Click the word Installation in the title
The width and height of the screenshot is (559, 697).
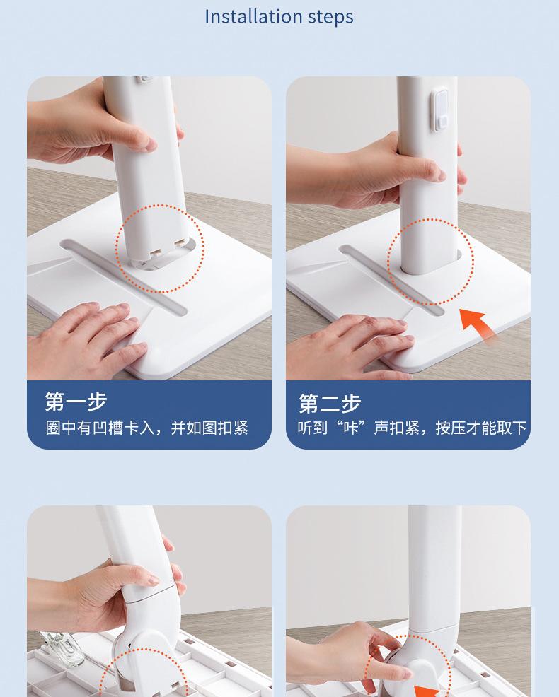point(253,16)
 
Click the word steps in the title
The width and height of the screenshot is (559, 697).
point(330,18)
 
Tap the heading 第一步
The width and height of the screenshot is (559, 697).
point(76,402)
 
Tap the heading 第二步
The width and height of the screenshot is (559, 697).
point(330,403)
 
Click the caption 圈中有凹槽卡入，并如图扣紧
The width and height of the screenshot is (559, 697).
point(147,428)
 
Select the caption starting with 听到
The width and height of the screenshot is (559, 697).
point(412,428)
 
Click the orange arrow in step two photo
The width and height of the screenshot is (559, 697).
point(477,324)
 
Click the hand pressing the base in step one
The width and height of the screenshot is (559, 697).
point(89,338)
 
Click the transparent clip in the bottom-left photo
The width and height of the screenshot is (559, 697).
point(62,648)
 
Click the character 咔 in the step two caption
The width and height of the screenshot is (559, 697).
point(352,428)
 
